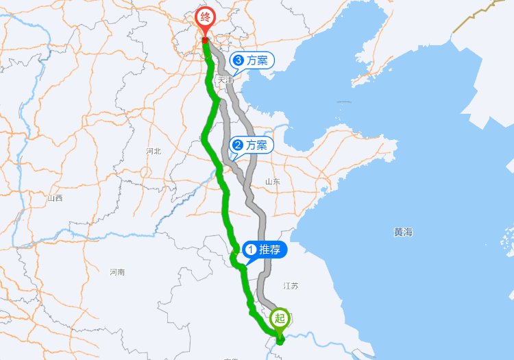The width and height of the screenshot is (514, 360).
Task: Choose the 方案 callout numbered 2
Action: point(251,145)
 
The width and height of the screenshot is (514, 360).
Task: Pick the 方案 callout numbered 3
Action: point(252,60)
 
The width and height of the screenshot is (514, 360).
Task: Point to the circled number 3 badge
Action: point(238,60)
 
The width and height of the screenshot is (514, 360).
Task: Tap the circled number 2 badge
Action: point(238,145)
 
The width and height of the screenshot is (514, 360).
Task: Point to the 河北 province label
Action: point(153,151)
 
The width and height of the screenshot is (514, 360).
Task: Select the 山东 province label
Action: point(272,182)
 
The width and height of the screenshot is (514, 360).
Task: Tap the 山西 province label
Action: point(55,198)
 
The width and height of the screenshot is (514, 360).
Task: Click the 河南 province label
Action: point(117,272)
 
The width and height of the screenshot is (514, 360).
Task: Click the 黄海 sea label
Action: point(403,232)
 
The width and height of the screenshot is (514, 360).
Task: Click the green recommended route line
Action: point(227,206)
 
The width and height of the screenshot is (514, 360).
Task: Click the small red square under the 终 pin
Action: point(205,40)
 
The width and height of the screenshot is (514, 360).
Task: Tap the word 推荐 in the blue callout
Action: point(269,250)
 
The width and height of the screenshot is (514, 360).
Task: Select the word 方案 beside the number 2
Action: point(256,145)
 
